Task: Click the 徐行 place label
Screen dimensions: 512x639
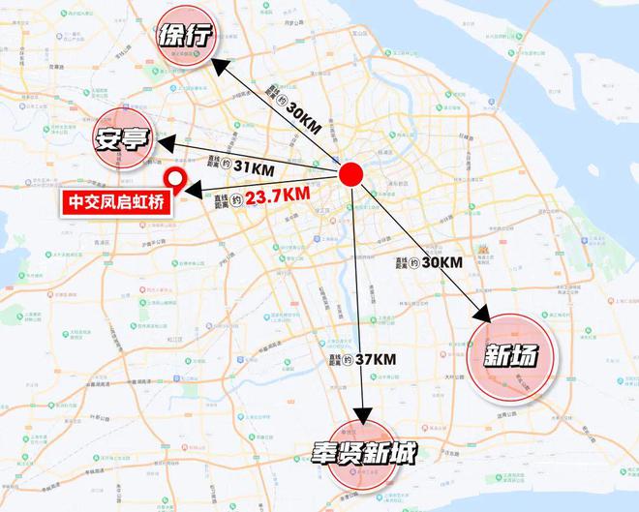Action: [x=180, y=39]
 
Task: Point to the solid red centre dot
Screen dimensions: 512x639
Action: [x=350, y=175]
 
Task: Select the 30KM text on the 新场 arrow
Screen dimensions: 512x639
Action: [x=442, y=261]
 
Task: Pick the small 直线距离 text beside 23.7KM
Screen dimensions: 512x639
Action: [x=222, y=199]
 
